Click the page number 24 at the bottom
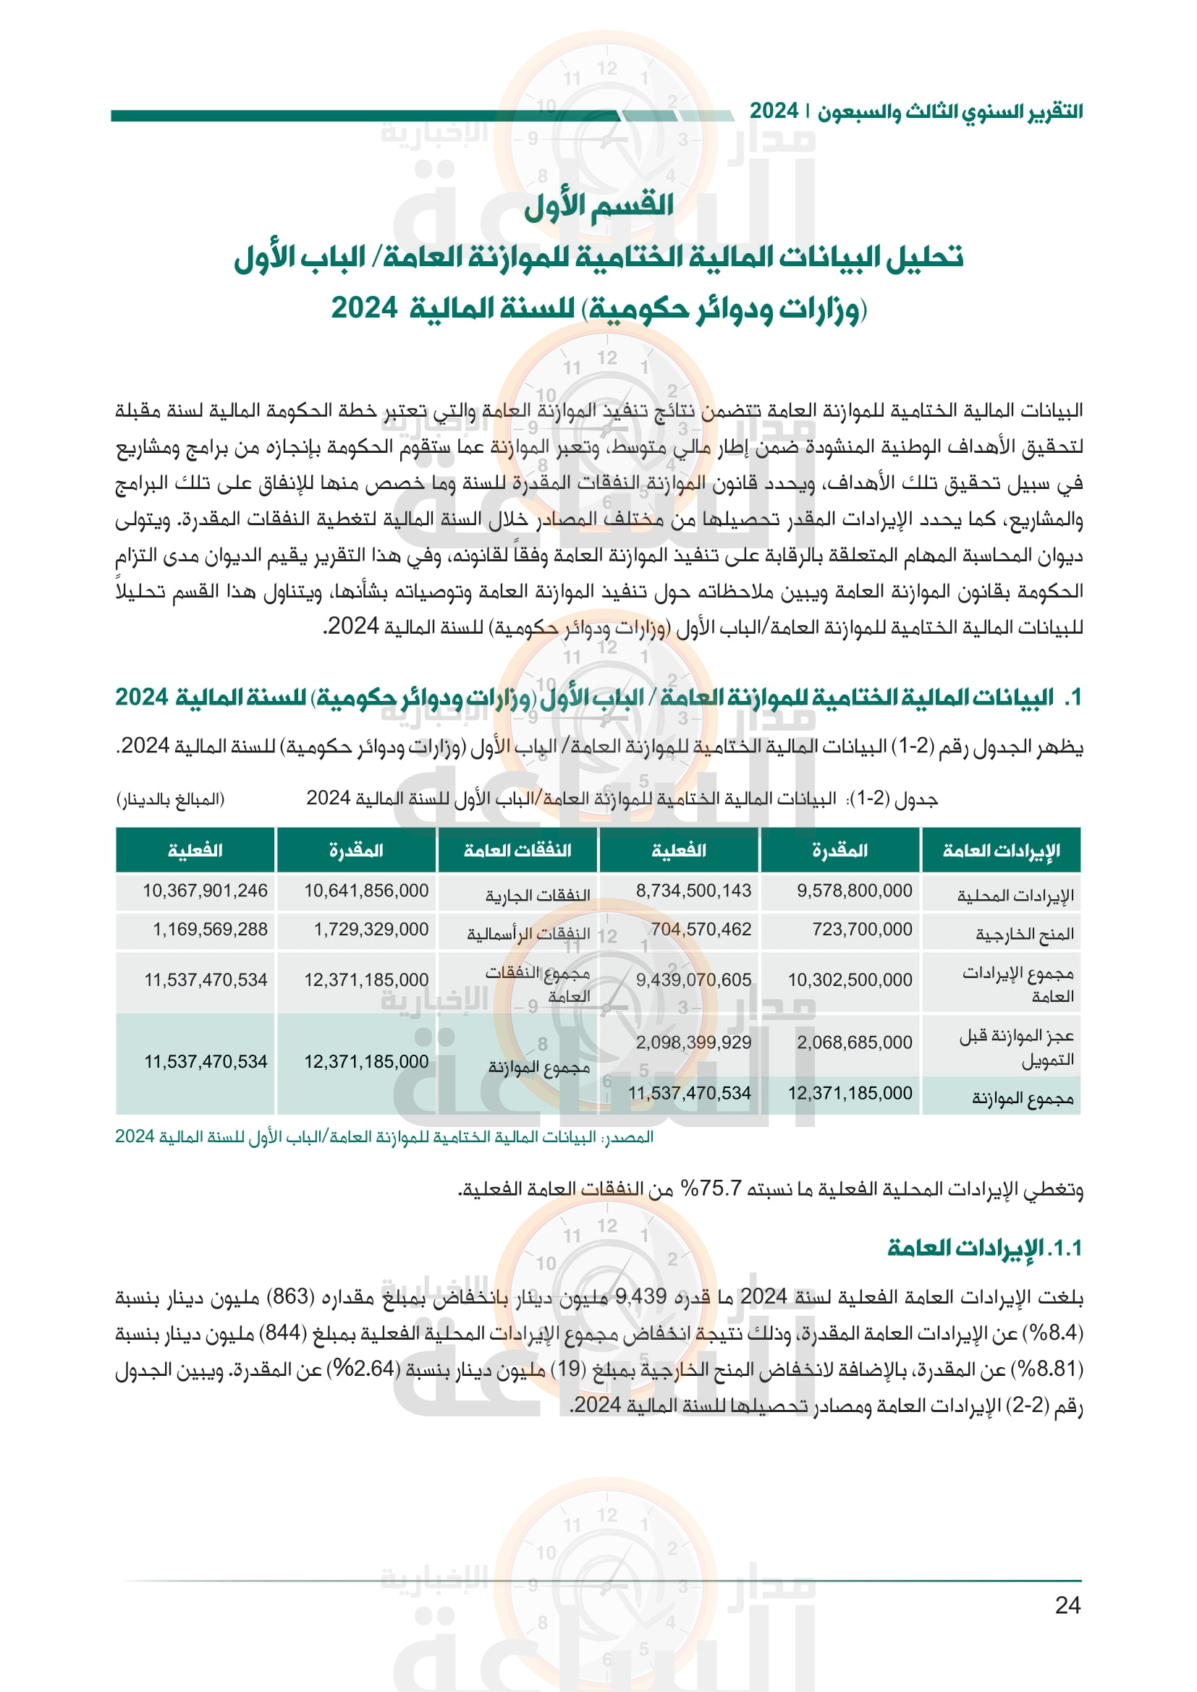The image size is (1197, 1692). click(x=1067, y=1604)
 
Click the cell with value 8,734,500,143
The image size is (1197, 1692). click(x=693, y=890)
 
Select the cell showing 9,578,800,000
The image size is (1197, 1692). click(x=854, y=890)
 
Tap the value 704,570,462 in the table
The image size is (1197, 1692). click(x=701, y=930)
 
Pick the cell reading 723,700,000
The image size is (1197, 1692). click(x=862, y=930)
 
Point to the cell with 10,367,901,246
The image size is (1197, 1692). click(x=205, y=890)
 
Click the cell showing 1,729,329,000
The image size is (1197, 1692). click(x=371, y=930)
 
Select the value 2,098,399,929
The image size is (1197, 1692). click(x=693, y=1042)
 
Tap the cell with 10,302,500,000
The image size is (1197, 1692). click(x=850, y=979)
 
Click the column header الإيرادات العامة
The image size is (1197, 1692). click(x=1001, y=851)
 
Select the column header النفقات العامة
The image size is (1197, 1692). click(x=517, y=851)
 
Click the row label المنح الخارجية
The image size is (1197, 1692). click(x=1025, y=935)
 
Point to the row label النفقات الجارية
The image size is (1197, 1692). click(x=537, y=896)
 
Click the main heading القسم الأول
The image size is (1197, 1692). click(x=598, y=205)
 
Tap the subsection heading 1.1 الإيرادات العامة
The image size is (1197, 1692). click(x=985, y=1248)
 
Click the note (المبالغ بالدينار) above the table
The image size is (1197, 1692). click(x=170, y=799)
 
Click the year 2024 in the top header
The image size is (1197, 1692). click(x=773, y=111)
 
